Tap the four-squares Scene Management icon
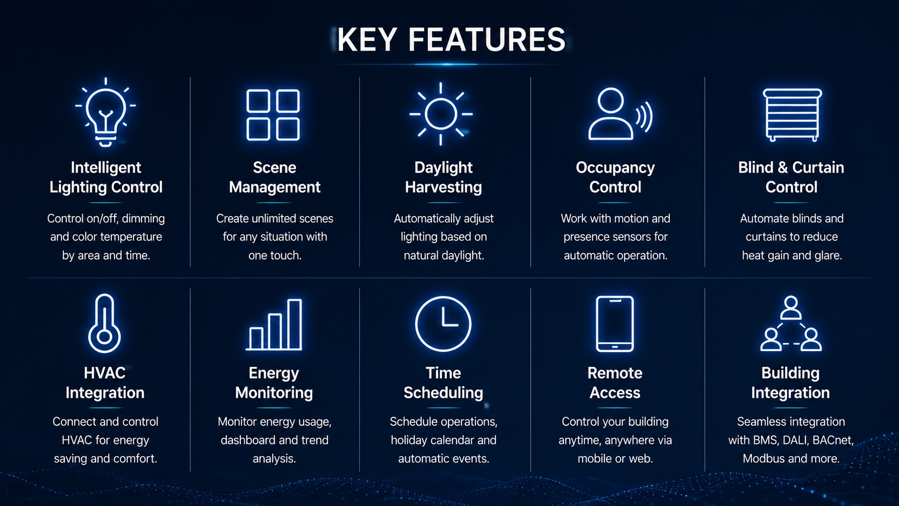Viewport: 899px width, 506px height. coord(273,115)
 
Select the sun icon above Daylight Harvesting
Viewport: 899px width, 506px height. coord(441,114)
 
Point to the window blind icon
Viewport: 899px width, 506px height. coord(792,115)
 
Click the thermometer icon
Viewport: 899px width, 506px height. coord(104,323)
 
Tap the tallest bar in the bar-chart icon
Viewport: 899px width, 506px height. coord(295,324)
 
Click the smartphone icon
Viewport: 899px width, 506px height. coord(615,324)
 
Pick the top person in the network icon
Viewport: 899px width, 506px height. coord(791,308)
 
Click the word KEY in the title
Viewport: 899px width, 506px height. coord(367,40)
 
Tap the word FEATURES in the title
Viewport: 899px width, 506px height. coord(487,40)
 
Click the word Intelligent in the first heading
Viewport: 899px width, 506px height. coord(106,168)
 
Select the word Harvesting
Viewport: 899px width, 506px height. coord(444,187)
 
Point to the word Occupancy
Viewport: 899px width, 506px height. coord(615,168)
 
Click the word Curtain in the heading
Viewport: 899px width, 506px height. coord(818,167)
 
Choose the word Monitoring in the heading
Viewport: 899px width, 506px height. coord(274,393)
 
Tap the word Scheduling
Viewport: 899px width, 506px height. coord(444,393)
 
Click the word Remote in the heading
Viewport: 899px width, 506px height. coord(615,373)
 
